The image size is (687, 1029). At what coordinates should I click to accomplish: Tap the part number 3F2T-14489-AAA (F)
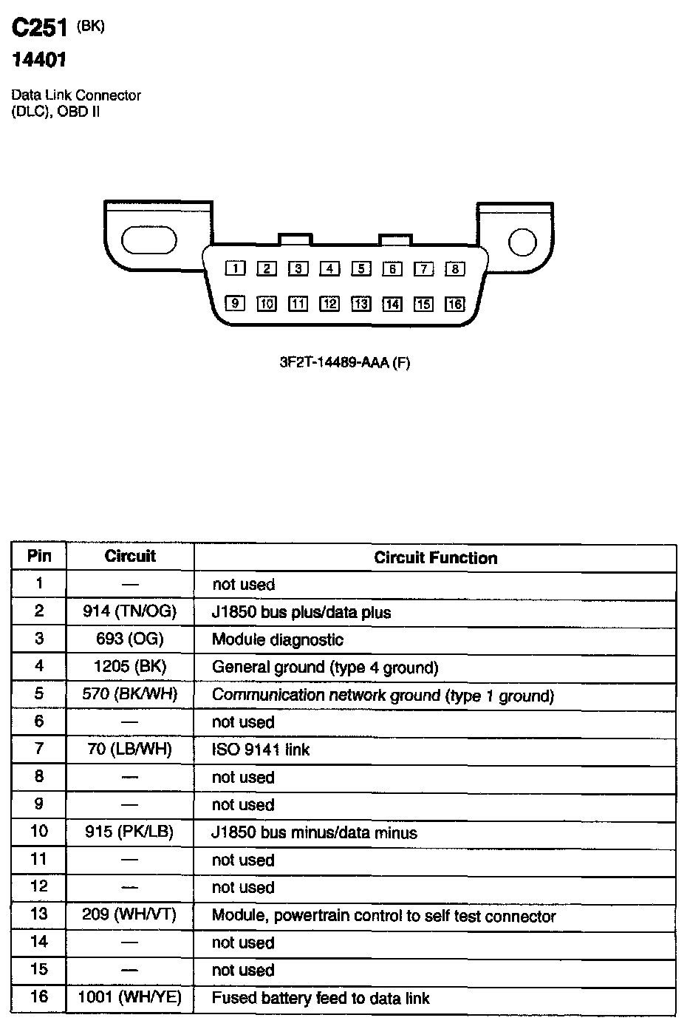pos(344,363)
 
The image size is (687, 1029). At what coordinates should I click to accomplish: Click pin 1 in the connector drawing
pos(236,268)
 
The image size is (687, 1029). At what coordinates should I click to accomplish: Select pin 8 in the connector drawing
pos(455,268)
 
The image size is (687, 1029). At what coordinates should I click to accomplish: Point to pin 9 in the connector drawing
pos(236,303)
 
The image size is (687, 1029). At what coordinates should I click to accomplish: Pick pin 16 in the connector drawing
pos(455,304)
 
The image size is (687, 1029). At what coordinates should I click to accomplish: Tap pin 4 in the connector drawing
pos(329,268)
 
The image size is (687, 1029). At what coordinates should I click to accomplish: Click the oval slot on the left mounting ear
pos(149,241)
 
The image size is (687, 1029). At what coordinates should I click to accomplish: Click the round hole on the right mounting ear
pos(522,242)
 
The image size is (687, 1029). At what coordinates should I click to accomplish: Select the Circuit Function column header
pos(435,558)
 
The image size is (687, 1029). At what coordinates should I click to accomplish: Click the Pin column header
pos(39,556)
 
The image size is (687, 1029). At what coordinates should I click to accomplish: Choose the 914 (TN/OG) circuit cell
pos(130,611)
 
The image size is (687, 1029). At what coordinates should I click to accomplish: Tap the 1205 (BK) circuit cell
pos(130,667)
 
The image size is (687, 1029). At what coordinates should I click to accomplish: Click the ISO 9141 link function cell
pos(261,750)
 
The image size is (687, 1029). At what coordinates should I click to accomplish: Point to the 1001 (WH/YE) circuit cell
pos(130,997)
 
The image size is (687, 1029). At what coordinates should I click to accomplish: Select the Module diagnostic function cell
pos(278,639)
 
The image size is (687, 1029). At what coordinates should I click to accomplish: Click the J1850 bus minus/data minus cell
pos(314,832)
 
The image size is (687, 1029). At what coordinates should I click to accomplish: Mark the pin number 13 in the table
pos(39,914)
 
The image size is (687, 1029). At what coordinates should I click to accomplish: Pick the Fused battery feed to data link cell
pos(321,998)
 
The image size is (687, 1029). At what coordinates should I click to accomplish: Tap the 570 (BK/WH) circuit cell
pos(130,694)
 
